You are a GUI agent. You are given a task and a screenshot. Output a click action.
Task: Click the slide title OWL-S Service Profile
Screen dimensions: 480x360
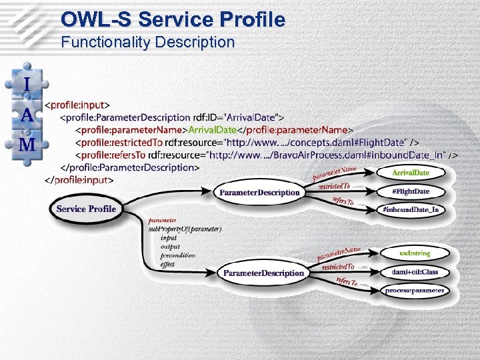coord(173,19)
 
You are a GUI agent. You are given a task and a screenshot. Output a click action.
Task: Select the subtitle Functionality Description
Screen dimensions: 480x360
coord(148,43)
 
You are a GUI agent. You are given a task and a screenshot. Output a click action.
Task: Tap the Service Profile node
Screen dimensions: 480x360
coord(86,209)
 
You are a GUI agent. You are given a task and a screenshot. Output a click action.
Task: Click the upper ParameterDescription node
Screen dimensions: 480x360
coord(259,193)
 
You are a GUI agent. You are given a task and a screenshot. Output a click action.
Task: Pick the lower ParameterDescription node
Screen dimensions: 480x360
coord(263,273)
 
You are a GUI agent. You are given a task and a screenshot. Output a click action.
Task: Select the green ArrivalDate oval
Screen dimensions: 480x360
coord(411,173)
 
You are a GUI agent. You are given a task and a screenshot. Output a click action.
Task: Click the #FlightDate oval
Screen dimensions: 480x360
coord(411,192)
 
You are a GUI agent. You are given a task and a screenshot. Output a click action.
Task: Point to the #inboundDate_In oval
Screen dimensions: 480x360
coord(411,210)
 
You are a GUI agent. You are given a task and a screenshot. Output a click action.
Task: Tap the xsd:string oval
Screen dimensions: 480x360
coord(415,253)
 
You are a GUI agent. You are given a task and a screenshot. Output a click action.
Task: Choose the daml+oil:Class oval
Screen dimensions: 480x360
coord(415,272)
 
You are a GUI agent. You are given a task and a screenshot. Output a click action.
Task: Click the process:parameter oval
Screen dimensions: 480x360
coord(415,291)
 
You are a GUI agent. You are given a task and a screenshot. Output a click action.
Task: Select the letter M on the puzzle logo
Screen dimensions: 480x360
coord(27,145)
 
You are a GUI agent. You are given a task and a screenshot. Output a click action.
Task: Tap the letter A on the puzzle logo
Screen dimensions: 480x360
coord(27,115)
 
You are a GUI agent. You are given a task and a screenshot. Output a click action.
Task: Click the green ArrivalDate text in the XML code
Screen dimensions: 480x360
coord(213,130)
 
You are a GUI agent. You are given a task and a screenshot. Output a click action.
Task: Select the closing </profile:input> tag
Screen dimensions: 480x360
coord(79,180)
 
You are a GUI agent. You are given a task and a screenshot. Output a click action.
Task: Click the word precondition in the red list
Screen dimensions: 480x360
coord(178,255)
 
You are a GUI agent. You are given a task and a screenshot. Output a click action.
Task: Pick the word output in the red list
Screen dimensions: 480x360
coord(170,247)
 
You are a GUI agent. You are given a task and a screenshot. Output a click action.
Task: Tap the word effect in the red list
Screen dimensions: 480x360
coord(167,264)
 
